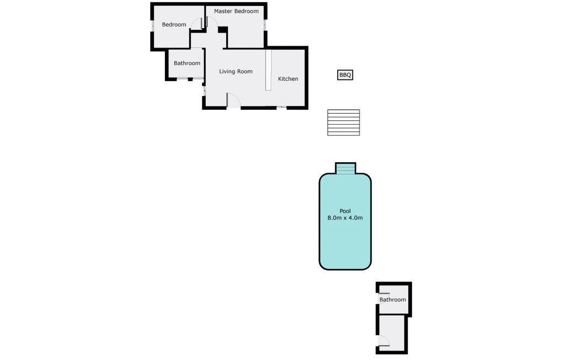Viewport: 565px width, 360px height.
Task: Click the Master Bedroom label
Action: [x=236, y=11]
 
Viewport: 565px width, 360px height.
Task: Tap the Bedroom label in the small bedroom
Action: [x=174, y=24]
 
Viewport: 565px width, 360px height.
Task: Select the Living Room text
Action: [x=236, y=71]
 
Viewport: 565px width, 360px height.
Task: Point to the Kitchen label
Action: [x=287, y=79]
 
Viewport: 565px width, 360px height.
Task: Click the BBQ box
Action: [x=345, y=75]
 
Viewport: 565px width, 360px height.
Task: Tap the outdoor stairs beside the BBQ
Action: [x=343, y=122]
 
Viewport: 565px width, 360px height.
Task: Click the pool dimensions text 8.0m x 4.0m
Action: [x=345, y=218]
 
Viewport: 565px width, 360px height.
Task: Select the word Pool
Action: [x=345, y=211]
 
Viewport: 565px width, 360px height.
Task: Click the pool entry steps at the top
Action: [x=345, y=168]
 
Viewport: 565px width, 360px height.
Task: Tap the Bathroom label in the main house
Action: [x=187, y=63]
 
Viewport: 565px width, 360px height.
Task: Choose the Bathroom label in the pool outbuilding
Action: [x=392, y=300]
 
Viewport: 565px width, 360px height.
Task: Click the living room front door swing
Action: [x=233, y=99]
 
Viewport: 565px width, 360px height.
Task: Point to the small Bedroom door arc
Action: [x=196, y=24]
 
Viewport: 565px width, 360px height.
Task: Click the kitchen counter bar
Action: [x=269, y=70]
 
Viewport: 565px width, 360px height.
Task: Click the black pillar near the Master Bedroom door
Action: [x=222, y=30]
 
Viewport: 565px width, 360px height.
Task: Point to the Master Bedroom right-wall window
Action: [x=265, y=24]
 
